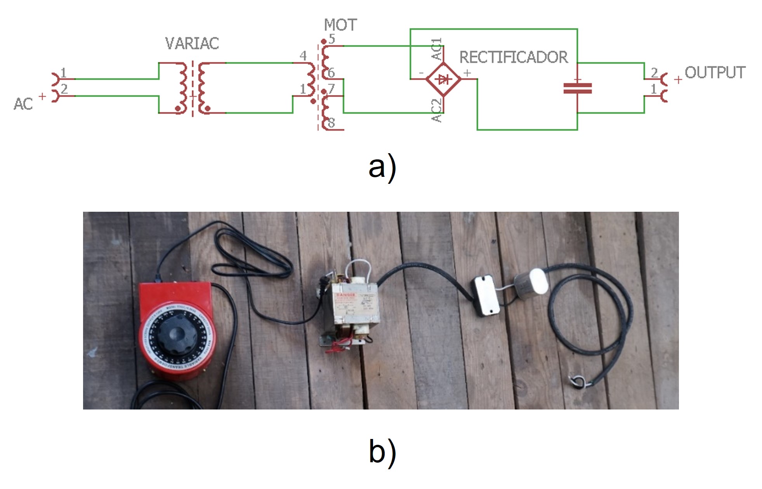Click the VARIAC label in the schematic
[x=192, y=43]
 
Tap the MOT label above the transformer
[x=340, y=25]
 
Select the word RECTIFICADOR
[x=513, y=57]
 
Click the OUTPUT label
[x=715, y=73]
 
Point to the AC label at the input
[x=23, y=104]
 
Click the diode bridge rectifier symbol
[x=443, y=79]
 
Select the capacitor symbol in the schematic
[x=577, y=88]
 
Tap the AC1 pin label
[x=437, y=49]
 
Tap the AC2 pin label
[x=437, y=111]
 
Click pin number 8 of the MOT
[x=331, y=123]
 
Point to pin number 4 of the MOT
[x=303, y=56]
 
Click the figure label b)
[x=382, y=451]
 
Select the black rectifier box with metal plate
[x=485, y=295]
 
